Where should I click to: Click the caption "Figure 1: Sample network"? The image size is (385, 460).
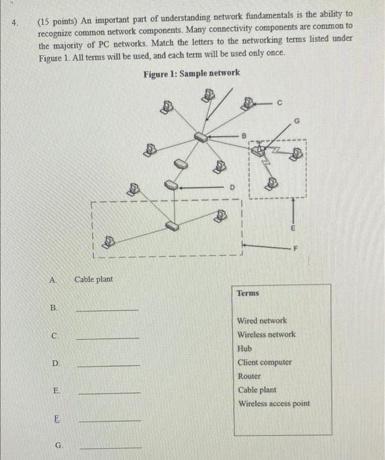[x=191, y=72]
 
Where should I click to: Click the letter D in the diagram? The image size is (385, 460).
[x=232, y=187]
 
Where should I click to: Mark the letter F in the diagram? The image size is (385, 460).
[x=295, y=248]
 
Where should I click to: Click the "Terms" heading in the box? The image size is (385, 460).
[x=248, y=294]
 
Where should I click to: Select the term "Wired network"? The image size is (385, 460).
[x=262, y=321]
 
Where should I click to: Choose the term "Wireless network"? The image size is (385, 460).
[x=266, y=334]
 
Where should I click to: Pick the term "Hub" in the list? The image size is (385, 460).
[x=245, y=348]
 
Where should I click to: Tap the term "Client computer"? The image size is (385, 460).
[x=265, y=362]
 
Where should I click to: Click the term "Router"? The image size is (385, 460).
[x=249, y=376]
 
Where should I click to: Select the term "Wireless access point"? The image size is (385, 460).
[x=273, y=403]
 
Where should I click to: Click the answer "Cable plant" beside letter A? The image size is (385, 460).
[x=93, y=279]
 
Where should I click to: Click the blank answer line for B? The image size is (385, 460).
[x=107, y=309]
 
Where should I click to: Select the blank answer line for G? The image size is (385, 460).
[x=110, y=447]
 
